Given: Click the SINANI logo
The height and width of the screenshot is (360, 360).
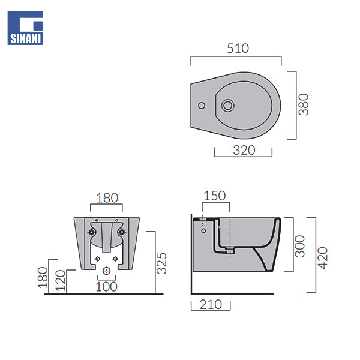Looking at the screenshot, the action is pyautogui.click(x=25, y=28).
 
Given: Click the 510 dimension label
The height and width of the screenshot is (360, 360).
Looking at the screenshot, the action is pyautogui.click(x=238, y=49).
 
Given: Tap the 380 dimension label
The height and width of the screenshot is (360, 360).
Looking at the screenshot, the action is pyautogui.click(x=304, y=104).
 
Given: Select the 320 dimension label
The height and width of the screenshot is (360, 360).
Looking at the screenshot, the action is pyautogui.click(x=244, y=151).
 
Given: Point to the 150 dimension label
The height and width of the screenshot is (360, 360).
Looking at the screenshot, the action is pyautogui.click(x=215, y=196).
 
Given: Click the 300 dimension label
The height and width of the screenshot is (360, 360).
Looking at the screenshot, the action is pyautogui.click(x=300, y=246).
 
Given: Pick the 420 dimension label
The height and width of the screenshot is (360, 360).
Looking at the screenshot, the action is pyautogui.click(x=322, y=258).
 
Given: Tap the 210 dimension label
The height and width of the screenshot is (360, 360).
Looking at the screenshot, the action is pyautogui.click(x=211, y=305).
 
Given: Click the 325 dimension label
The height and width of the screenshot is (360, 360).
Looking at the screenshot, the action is pyautogui.click(x=161, y=263).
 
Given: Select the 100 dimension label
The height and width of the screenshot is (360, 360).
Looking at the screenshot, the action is pyautogui.click(x=107, y=287).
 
